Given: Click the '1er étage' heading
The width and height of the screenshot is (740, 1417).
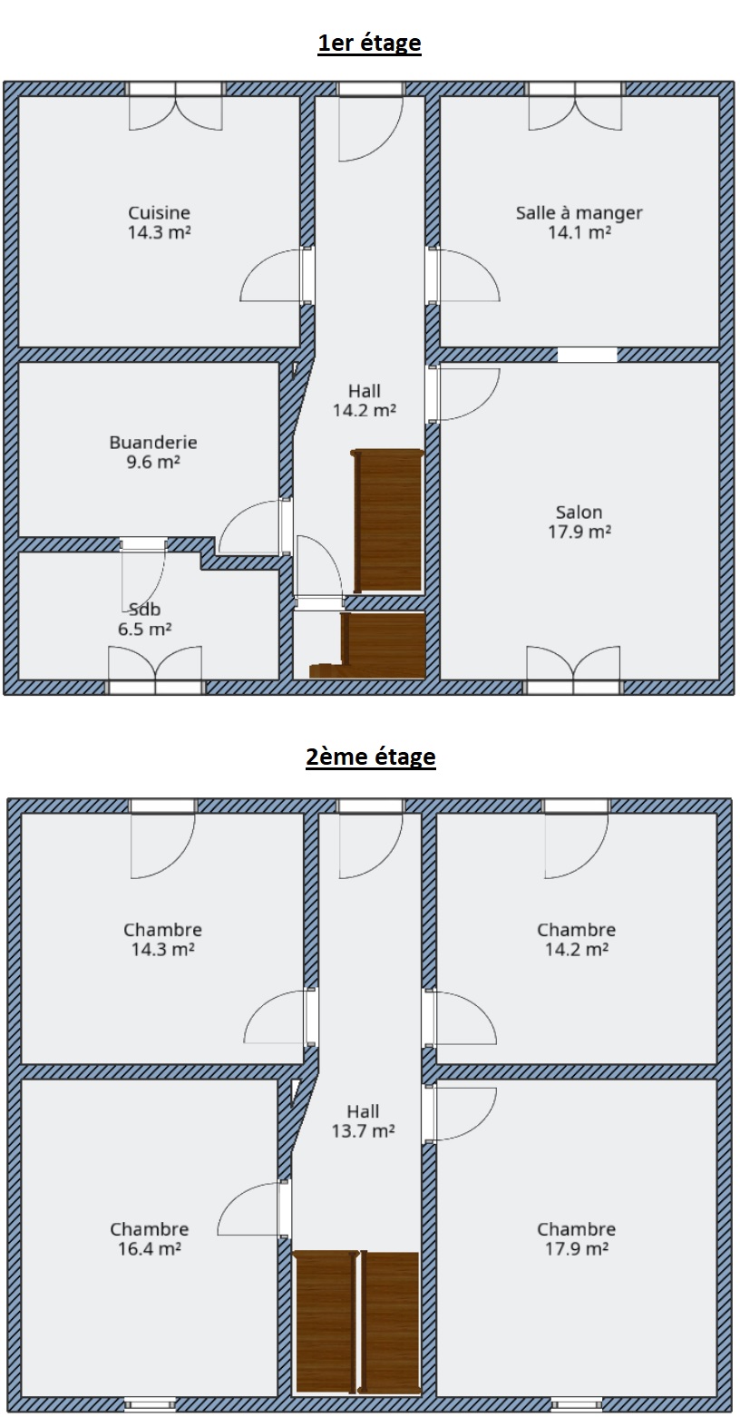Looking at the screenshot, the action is coord(369,43).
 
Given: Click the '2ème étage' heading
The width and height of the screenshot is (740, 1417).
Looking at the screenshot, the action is coord(371,757).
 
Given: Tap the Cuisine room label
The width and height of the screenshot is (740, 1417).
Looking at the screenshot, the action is coord(160,222).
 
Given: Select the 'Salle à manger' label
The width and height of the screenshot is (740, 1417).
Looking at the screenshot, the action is coord(579,222).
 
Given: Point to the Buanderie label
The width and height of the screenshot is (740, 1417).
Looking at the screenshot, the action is coord(153,452).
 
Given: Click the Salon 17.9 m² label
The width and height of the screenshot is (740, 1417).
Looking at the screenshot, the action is coord(579,522).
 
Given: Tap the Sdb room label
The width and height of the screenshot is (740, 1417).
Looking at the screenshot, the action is coord(145,619).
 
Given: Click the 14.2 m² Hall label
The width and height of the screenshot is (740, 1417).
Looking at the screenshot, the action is coord(365,400).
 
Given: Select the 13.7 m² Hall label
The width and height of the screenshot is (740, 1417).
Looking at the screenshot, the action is coord(363,1120).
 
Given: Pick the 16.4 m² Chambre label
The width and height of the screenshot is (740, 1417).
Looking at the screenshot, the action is coord(150,1238).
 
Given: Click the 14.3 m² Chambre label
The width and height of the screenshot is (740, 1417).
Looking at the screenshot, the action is coord(162,939).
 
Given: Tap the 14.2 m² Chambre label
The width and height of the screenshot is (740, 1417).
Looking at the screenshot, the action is coord(576,939).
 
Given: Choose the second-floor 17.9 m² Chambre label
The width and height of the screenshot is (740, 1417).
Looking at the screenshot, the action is coord(576,1238).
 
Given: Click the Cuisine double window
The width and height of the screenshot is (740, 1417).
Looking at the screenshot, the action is coord(176,105).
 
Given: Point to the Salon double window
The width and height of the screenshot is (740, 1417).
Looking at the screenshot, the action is coord(574,670).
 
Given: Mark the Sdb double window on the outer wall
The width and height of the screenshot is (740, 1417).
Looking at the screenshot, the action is coord(155,670).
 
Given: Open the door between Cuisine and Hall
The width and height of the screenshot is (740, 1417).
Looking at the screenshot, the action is coord(277,275).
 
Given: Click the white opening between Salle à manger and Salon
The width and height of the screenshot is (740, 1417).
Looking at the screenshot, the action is coord(587,354).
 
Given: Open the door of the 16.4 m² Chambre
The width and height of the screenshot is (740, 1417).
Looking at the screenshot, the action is coord(254,1208).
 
